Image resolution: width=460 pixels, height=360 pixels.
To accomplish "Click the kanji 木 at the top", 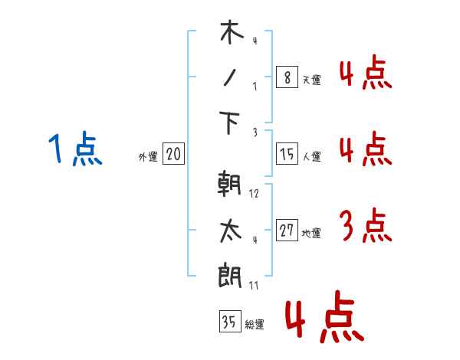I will click(x=231, y=33).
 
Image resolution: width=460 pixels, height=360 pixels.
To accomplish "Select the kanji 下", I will click(x=231, y=123).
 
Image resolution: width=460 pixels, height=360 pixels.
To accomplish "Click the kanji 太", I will click(x=231, y=230).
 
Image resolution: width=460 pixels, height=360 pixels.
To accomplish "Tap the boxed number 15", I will click(x=286, y=153).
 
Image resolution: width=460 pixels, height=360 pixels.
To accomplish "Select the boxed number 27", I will click(x=287, y=231).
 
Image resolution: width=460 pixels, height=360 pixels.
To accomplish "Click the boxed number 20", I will click(x=173, y=154).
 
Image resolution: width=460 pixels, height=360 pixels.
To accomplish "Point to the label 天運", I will click(x=311, y=79).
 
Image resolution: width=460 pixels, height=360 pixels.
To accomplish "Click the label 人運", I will click(x=311, y=156).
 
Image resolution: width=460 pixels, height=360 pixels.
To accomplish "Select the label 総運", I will click(x=255, y=324).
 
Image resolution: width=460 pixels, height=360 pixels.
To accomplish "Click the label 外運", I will click(x=148, y=157).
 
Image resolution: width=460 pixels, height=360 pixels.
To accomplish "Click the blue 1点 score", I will click(x=75, y=149).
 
